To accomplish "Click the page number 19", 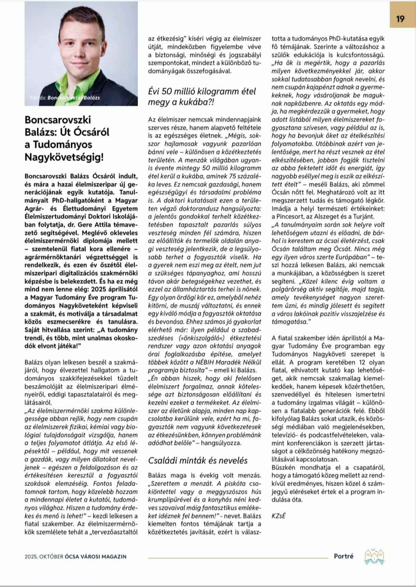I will click(400, 18).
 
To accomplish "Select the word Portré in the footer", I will click(343, 556).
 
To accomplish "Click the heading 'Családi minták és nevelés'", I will click(198, 460).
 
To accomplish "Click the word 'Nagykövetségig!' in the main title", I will click(64, 157).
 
